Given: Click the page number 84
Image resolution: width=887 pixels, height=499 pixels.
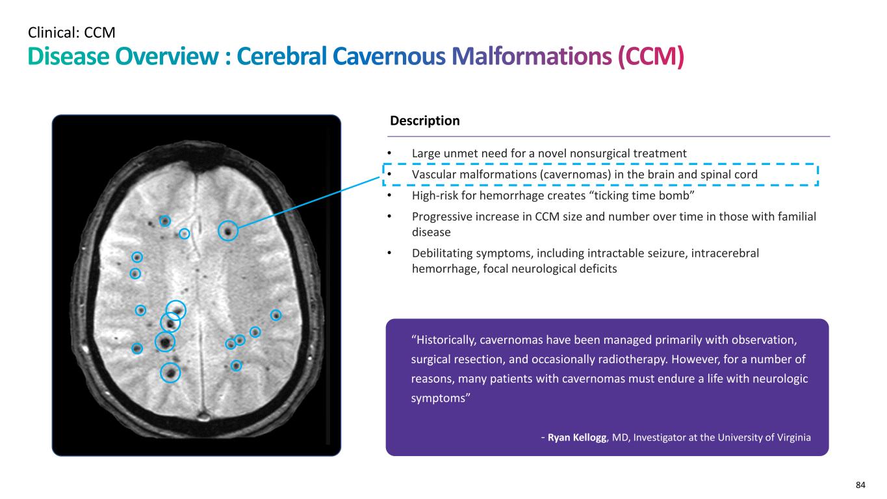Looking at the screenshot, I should (x=861, y=485).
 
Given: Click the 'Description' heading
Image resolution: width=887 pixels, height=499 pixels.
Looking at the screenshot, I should (x=424, y=121).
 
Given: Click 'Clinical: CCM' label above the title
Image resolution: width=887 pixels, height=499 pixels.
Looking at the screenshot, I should (x=72, y=31).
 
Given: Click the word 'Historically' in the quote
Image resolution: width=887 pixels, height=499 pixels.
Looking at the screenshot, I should (x=446, y=340).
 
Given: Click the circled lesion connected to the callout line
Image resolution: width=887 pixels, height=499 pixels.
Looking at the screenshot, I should (x=227, y=231).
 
